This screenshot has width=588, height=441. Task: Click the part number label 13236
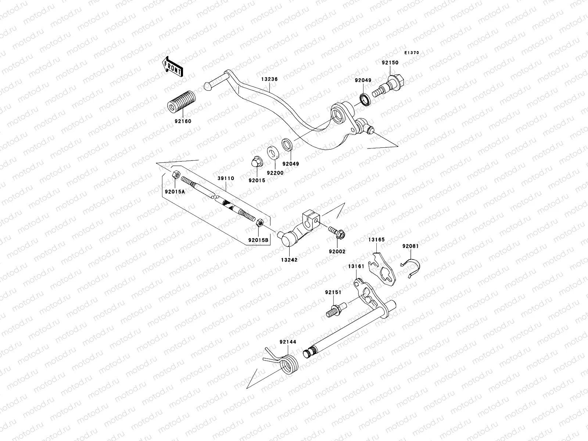269,79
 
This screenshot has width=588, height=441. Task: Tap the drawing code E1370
412,53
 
